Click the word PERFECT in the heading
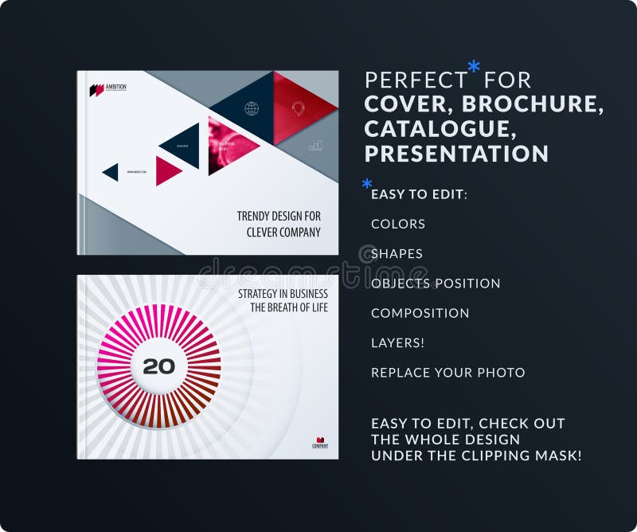[416, 80]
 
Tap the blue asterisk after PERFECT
[474, 67]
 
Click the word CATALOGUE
[437, 129]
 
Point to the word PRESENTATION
[456, 154]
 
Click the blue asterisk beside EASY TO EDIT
[367, 185]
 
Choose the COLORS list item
[398, 225]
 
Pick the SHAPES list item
[397, 254]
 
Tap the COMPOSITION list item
[420, 313]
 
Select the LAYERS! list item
[397, 342]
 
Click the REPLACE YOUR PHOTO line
[448, 372]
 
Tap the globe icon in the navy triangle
[252, 108]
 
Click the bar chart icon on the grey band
[316, 145]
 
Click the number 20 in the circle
[158, 366]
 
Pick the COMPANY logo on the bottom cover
[319, 442]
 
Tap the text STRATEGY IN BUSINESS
[283, 294]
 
